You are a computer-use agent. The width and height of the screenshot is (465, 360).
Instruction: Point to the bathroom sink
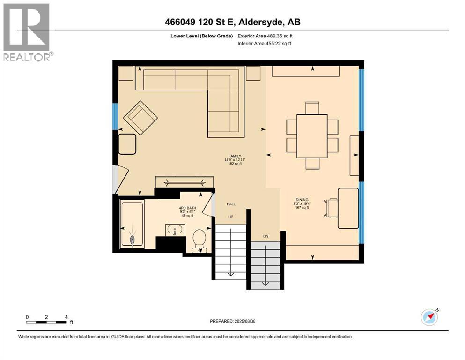click(x=176, y=231)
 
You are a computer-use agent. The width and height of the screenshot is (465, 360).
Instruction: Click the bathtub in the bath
click(x=132, y=224)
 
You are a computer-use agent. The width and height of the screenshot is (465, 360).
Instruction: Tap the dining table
click(x=312, y=135)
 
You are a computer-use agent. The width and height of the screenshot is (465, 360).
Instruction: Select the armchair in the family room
click(x=140, y=117)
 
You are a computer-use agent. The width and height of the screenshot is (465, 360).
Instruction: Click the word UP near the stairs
click(x=230, y=217)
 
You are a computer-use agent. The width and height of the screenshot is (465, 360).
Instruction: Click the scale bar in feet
click(x=47, y=322)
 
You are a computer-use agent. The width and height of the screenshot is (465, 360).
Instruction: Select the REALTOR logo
click(x=27, y=32)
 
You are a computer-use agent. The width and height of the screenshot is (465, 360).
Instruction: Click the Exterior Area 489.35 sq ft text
click(x=266, y=36)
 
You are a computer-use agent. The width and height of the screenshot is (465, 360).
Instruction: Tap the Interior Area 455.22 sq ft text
click(x=265, y=44)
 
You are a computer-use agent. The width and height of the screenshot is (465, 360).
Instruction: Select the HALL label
click(x=231, y=204)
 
